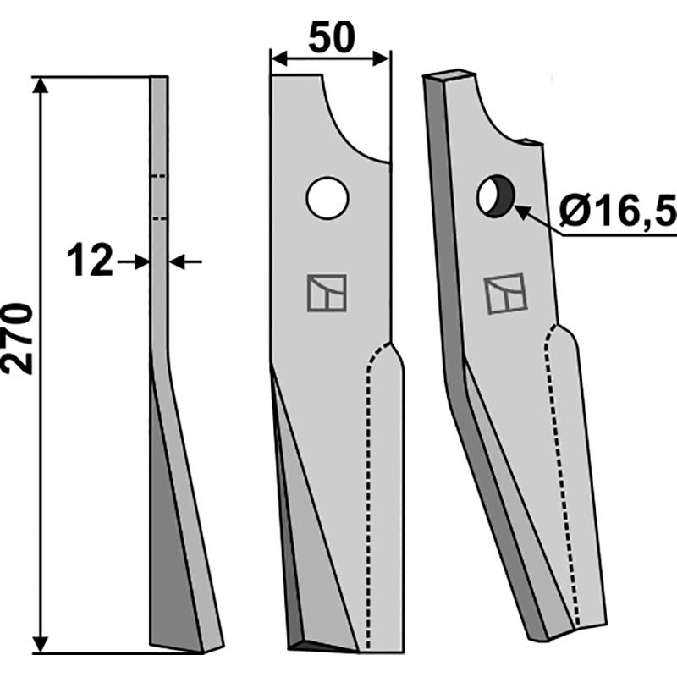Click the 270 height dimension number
coord(17,338)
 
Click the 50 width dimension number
coord(332,38)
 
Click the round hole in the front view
coord(327,198)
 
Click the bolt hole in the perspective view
coord(496,196)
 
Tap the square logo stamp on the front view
coord(327,293)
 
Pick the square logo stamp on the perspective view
coord(505,294)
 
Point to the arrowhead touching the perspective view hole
coord(521,212)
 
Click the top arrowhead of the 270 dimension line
coord(40,85)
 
